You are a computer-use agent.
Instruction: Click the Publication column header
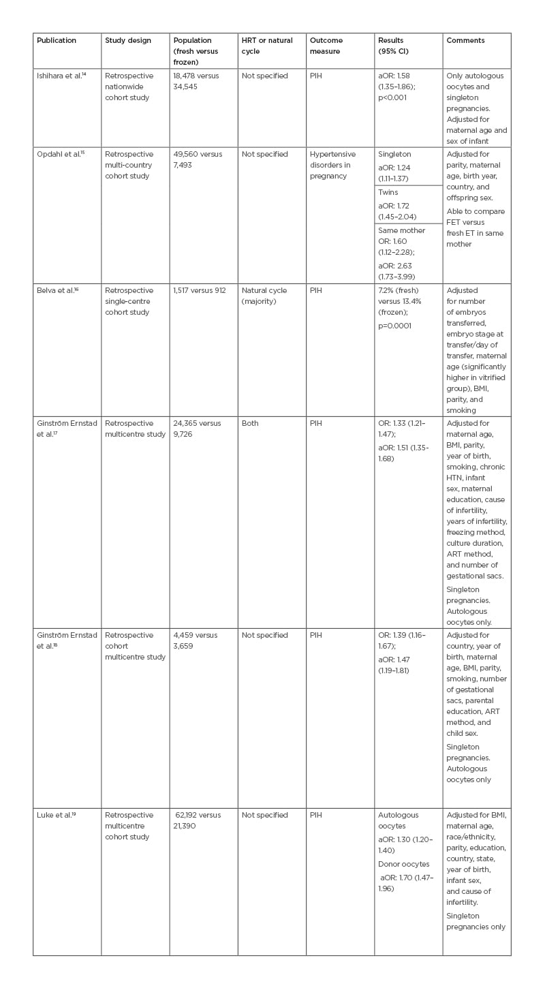57,41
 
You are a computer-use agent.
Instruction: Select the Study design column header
127,41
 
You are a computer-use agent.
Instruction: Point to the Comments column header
465,41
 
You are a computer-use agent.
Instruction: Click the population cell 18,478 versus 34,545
196,81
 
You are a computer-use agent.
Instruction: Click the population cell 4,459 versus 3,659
196,640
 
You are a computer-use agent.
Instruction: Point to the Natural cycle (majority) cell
264,296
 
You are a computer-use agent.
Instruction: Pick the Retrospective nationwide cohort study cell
129,87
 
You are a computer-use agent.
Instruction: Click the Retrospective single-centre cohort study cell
129,301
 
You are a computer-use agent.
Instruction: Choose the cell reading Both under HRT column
250,423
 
